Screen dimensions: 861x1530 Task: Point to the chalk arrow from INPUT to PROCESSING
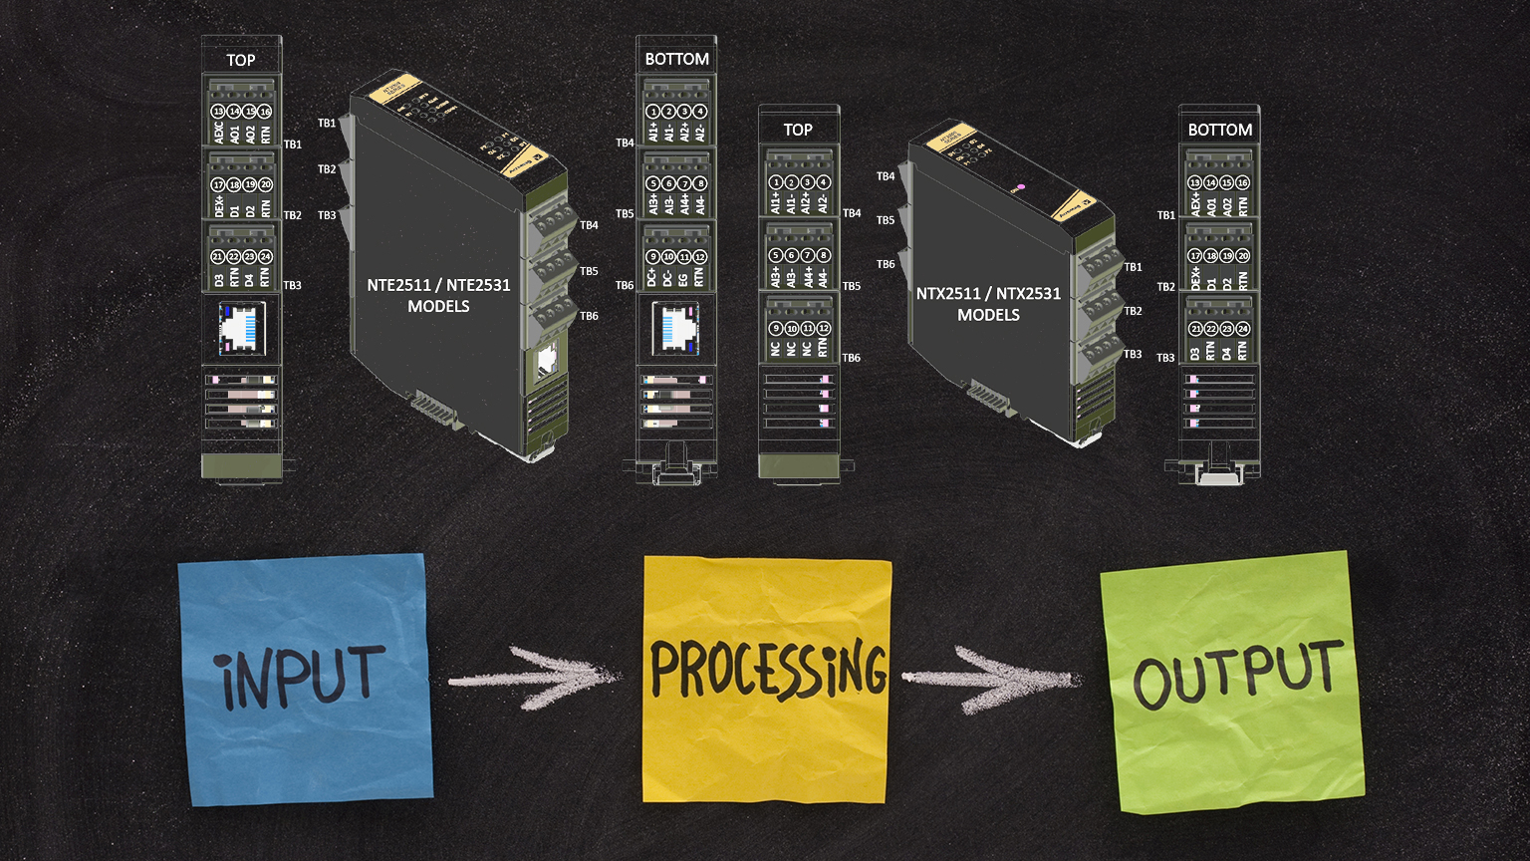pos(533,678)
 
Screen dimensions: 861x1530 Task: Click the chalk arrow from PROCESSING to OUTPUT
pos(991,678)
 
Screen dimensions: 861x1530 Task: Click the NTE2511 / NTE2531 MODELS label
pos(438,295)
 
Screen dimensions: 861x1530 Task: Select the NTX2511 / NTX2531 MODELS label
pos(988,304)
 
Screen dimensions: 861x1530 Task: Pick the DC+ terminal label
pos(652,276)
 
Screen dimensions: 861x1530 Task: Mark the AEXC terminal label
pos(218,133)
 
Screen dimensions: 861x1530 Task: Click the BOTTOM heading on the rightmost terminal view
pos(1219,130)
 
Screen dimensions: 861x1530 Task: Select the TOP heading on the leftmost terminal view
pos(241,60)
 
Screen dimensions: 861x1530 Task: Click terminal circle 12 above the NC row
pos(823,328)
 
